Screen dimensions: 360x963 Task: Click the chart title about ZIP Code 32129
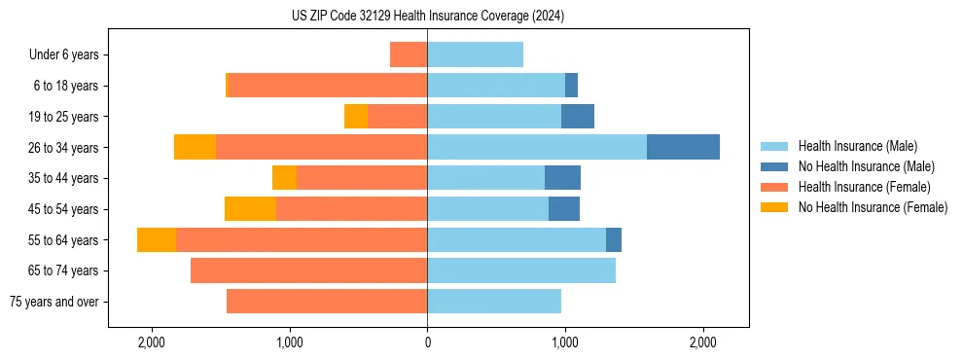click(x=427, y=16)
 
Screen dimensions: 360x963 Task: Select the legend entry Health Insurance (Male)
click(x=857, y=146)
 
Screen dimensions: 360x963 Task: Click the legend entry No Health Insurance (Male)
click(x=866, y=166)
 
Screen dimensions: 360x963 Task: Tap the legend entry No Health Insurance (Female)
click(x=873, y=207)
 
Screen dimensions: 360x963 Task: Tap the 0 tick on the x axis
click(x=427, y=342)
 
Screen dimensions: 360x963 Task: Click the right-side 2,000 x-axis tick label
click(x=703, y=342)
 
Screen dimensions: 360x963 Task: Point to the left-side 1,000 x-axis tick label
click(x=289, y=342)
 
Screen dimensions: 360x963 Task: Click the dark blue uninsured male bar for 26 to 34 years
click(x=683, y=147)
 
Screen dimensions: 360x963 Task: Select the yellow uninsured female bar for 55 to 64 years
click(x=157, y=239)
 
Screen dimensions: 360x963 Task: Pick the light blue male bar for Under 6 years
click(x=475, y=54)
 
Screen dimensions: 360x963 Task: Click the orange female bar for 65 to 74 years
click(x=308, y=270)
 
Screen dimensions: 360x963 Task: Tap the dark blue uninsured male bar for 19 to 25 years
click(x=578, y=117)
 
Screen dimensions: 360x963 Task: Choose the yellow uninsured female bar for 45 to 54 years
click(x=250, y=209)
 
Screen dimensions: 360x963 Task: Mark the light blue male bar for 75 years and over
click(x=494, y=302)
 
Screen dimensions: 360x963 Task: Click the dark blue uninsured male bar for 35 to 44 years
click(x=562, y=178)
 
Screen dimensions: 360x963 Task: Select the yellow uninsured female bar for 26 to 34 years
click(x=195, y=147)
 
